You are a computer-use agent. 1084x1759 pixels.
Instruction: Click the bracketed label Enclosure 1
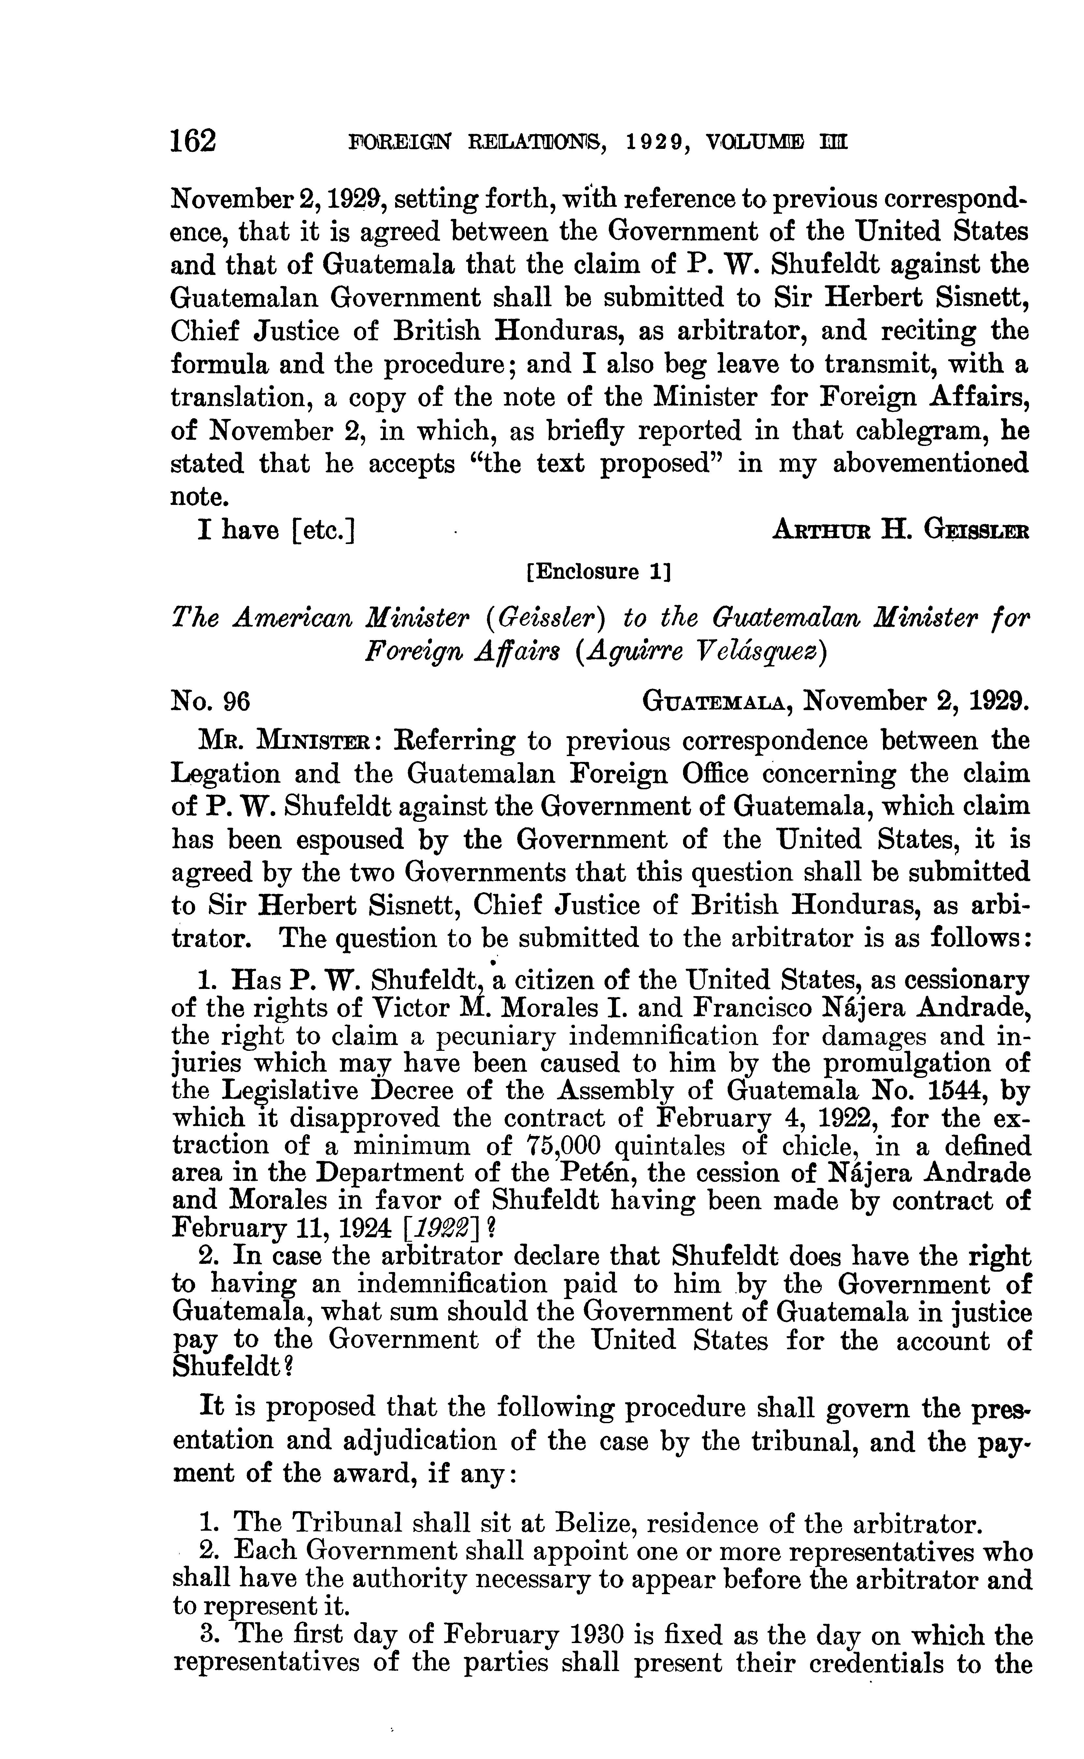tap(598, 571)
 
